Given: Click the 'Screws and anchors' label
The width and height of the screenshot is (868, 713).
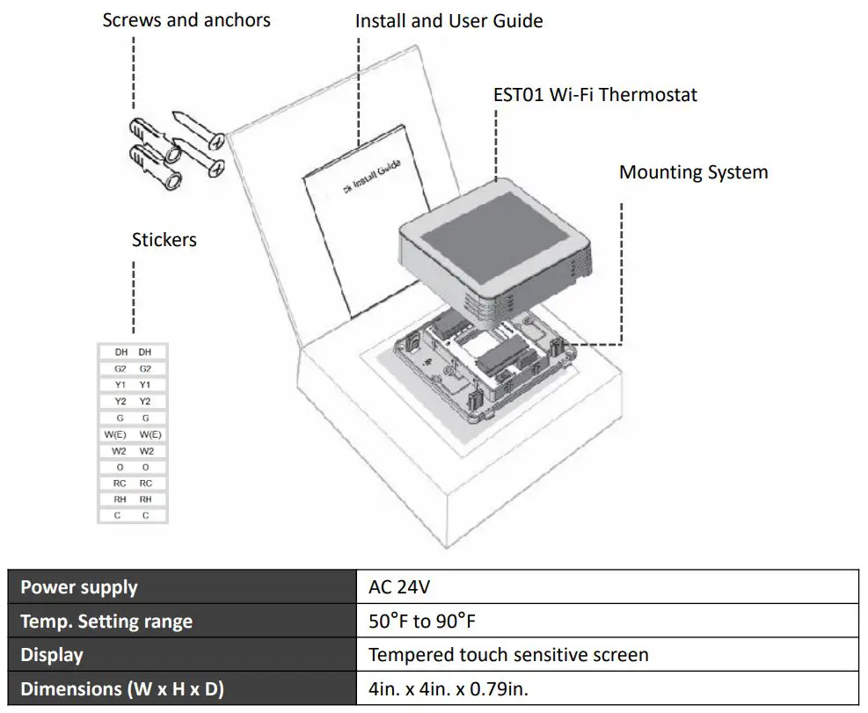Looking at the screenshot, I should pyautogui.click(x=186, y=19).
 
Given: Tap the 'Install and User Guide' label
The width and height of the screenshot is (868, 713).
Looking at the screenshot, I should pyautogui.click(x=449, y=20).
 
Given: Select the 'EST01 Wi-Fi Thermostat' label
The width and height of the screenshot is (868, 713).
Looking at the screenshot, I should pyautogui.click(x=594, y=95).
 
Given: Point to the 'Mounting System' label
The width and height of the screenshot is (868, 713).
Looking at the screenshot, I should pyautogui.click(x=693, y=172).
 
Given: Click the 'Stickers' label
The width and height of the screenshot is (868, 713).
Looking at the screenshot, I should pyautogui.click(x=164, y=239).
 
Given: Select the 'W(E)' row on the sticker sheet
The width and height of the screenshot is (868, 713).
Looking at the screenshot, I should pyautogui.click(x=133, y=434).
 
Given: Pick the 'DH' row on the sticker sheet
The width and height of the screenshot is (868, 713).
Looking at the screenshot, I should pyautogui.click(x=133, y=352).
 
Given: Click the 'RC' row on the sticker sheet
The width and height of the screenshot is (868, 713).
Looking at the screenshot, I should pyautogui.click(x=133, y=484).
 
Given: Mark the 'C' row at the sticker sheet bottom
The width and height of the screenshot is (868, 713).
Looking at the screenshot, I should pyautogui.click(x=133, y=516).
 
